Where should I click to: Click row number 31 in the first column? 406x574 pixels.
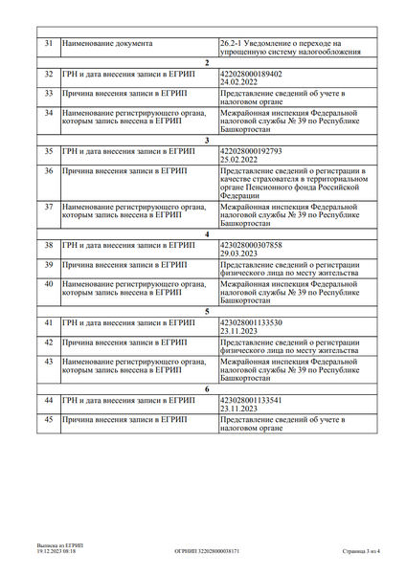coord(49,43)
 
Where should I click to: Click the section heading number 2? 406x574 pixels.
coord(207,62)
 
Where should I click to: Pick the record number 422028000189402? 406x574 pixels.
coord(251,74)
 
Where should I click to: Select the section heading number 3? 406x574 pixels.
coord(207,140)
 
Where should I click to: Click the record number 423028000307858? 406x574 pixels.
coord(251,244)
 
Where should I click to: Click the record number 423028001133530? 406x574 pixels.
coord(251,322)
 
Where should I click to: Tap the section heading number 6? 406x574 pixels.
coord(207,388)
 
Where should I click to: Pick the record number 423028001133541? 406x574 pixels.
coord(251,400)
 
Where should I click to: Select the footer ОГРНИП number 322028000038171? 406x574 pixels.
coord(207,552)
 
